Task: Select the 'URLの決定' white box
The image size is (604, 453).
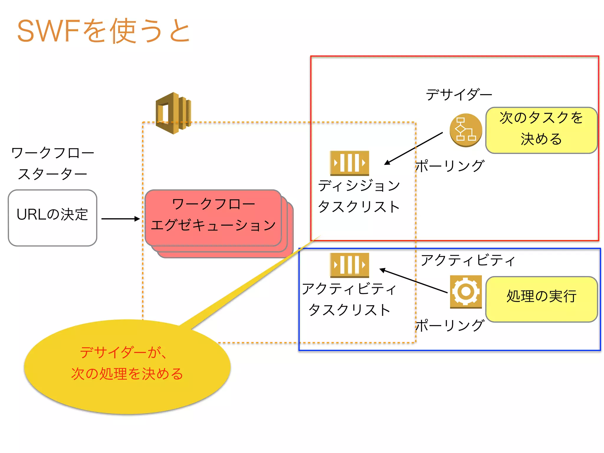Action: point(52,218)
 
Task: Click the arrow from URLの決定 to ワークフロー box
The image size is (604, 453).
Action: point(120,219)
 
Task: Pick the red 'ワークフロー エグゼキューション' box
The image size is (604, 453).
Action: point(213,218)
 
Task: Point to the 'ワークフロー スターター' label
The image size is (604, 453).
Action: point(52,163)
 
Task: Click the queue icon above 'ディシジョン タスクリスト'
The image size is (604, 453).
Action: point(349,163)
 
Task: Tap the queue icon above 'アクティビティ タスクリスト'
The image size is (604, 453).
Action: point(349,265)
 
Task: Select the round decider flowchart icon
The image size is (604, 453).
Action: point(466,130)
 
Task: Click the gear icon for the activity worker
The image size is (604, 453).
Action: point(466,291)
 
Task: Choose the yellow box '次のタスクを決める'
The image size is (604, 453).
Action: point(541,130)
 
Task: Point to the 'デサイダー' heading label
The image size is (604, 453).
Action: point(459,95)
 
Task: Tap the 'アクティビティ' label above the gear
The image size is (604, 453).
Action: point(468,260)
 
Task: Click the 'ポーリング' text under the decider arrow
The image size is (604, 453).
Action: point(450,166)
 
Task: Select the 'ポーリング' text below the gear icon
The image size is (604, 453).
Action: point(450,325)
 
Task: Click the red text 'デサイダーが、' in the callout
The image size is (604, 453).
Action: point(124,352)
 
